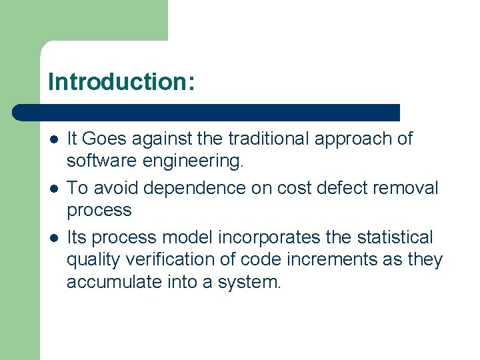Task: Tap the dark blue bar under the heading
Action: [x=207, y=112]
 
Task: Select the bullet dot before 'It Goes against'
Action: [x=53, y=139]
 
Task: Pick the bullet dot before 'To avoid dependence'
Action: [x=53, y=189]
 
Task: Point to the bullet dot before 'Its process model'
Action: [x=53, y=238]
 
